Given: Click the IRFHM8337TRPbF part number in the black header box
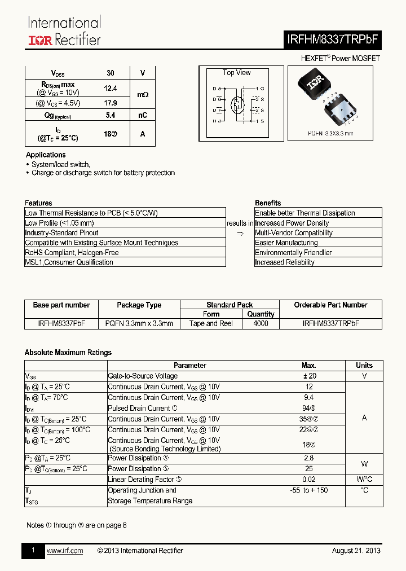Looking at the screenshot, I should pos(333,39).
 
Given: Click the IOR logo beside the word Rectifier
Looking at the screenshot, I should pos(41,40).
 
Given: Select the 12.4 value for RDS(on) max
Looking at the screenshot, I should pos(111,88).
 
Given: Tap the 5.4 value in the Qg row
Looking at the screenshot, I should pos(111,115).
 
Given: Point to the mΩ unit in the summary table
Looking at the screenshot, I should pos(143,95).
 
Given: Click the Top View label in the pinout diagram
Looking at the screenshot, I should pos(236,73).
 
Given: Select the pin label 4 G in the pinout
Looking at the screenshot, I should pos(259,89).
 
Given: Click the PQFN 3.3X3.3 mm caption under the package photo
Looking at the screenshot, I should pos(330,134).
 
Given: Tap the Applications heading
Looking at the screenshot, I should pos(46,155).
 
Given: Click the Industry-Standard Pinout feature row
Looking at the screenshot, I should pos(61,232).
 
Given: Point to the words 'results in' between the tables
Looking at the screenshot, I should pos(240,223).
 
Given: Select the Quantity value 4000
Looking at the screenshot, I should pos(261,323).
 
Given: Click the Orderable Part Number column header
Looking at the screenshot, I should pos(330,305).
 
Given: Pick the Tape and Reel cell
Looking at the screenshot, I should pos(211,323).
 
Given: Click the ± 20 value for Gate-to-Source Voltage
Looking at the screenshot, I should pos(308,376).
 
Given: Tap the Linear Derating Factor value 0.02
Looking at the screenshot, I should pos(308,479).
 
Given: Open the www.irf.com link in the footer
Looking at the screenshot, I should pos(64,551).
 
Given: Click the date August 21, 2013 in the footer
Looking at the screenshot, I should pos(356,551).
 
